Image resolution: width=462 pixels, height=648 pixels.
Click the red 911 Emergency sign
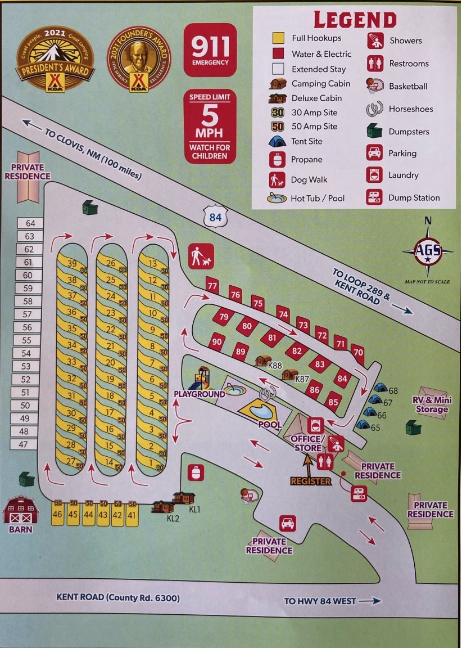point(210,49)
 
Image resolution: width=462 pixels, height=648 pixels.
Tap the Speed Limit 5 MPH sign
point(210,127)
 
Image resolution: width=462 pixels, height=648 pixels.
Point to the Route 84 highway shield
point(215,215)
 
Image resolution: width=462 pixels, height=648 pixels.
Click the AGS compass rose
point(428,251)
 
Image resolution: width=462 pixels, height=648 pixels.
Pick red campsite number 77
point(212,285)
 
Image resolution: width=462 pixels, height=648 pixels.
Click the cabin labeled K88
point(263,361)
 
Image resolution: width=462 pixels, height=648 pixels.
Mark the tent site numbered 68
point(381,388)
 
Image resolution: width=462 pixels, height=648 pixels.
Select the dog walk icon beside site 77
point(201,256)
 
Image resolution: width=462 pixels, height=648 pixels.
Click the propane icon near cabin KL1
point(195,473)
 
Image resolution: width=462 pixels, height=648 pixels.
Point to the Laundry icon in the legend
point(374,175)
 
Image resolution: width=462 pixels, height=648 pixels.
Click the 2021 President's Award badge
point(55,59)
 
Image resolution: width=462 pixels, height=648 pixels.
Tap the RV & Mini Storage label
point(432,404)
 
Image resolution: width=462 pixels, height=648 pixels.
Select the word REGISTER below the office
point(311,481)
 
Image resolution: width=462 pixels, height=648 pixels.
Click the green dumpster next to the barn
point(26,479)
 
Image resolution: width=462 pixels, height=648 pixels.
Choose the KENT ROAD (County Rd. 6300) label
point(118,597)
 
